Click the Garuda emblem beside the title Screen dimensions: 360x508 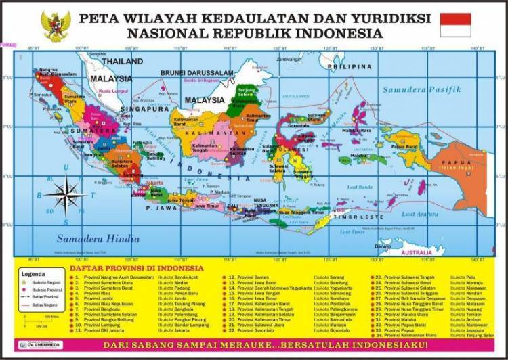pos(56,26)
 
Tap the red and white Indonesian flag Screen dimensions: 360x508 pos(455,25)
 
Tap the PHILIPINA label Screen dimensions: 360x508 pos(350,67)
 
